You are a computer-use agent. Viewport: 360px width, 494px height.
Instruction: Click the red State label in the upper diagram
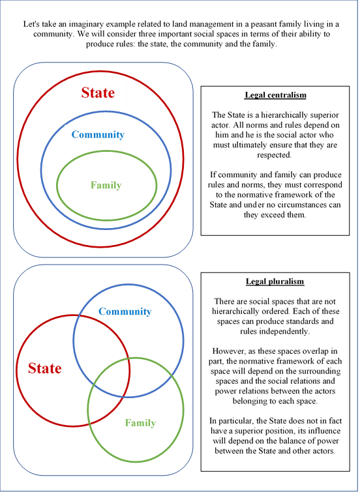pos(98,93)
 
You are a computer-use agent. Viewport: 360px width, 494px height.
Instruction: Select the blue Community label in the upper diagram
pos(98,134)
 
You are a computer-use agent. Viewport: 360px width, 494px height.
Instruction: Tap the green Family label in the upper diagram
pos(106,185)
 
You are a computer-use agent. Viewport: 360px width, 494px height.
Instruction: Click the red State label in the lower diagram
pos(45,368)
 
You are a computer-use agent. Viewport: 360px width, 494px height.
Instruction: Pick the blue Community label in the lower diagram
pos(125,312)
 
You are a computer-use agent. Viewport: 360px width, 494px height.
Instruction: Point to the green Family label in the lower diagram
pos(141,422)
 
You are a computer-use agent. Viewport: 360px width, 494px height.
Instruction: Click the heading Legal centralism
pos(275,95)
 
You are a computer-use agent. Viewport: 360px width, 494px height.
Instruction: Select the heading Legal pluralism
pos(275,282)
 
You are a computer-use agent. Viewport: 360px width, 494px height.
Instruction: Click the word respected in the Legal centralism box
pos(274,155)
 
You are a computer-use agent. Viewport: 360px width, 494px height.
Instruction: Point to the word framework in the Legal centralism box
pos(291,195)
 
